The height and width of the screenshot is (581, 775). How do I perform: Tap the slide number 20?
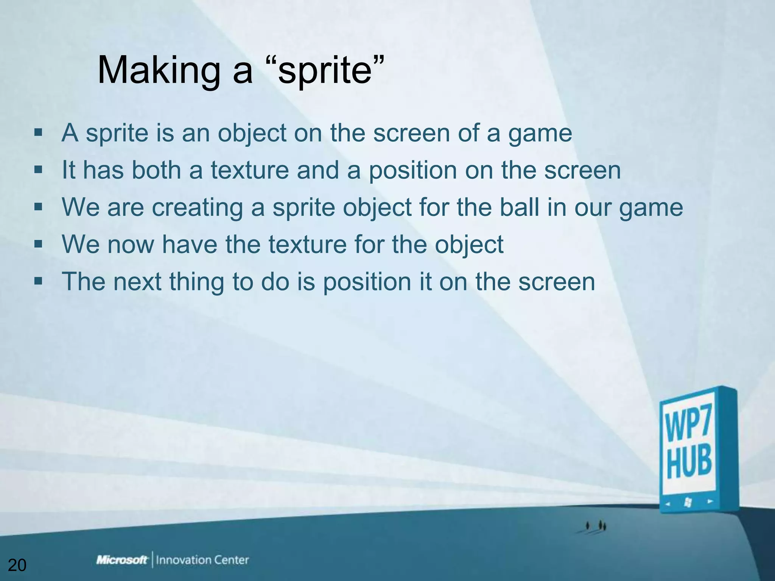click(x=17, y=565)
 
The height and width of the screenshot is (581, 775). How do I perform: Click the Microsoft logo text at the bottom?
click(x=122, y=560)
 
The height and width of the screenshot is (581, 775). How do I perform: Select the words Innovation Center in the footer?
click(x=202, y=560)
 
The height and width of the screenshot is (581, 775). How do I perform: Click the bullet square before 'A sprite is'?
click(x=38, y=133)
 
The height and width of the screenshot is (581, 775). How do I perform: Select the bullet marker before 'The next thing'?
click(x=38, y=281)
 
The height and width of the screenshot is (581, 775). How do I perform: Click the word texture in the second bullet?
click(x=250, y=170)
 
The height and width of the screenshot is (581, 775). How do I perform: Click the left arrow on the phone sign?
click(x=668, y=504)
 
